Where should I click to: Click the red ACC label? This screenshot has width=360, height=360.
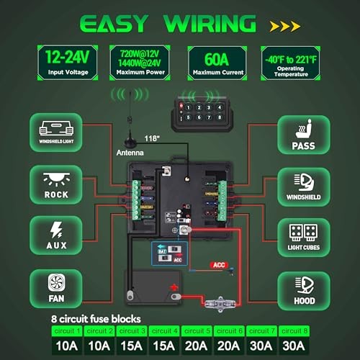pos(219,265)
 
